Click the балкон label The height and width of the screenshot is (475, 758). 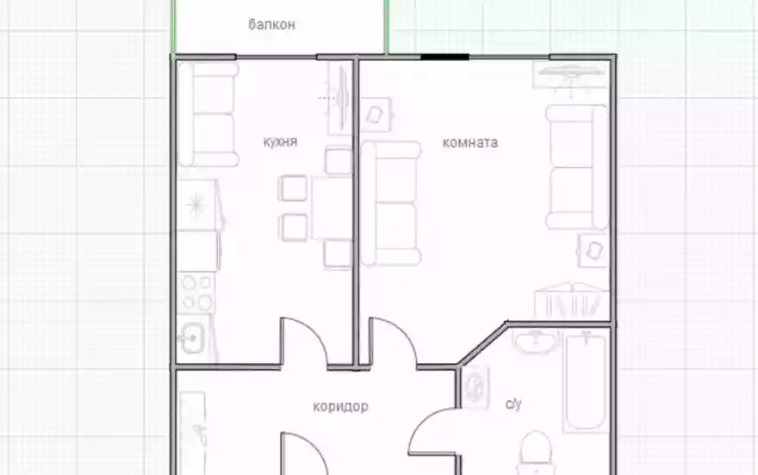click(271, 25)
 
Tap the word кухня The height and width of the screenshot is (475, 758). click(281, 142)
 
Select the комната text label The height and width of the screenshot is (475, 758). click(470, 143)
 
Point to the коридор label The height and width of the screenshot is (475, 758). click(341, 406)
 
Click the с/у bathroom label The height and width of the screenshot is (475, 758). click(513, 403)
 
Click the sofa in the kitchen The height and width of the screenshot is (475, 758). click(208, 114)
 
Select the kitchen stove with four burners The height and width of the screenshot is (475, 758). click(198, 293)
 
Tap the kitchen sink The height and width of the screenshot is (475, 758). click(193, 338)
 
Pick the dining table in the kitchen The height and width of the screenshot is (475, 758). click(332, 208)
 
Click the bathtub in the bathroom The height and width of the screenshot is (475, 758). click(586, 381)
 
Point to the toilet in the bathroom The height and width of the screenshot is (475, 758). click(536, 453)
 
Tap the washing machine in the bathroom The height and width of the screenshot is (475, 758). click(476, 387)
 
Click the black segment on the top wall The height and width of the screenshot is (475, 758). click(444, 57)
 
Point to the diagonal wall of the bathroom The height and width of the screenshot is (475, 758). click(483, 343)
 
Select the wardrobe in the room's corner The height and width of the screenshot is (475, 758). click(571, 300)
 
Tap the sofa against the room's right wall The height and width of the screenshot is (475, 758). click(577, 167)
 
